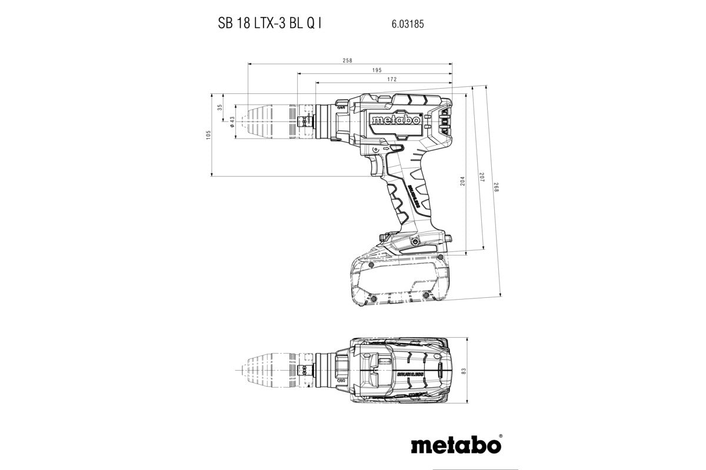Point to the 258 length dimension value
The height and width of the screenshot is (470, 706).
tap(348, 61)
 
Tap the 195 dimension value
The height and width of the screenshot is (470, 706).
tap(377, 70)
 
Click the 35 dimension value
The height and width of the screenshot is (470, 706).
tap(220, 108)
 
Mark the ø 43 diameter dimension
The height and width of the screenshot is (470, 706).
tap(232, 121)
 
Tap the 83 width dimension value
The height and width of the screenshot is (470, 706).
tap(463, 371)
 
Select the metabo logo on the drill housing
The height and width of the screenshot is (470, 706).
tap(395, 120)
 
